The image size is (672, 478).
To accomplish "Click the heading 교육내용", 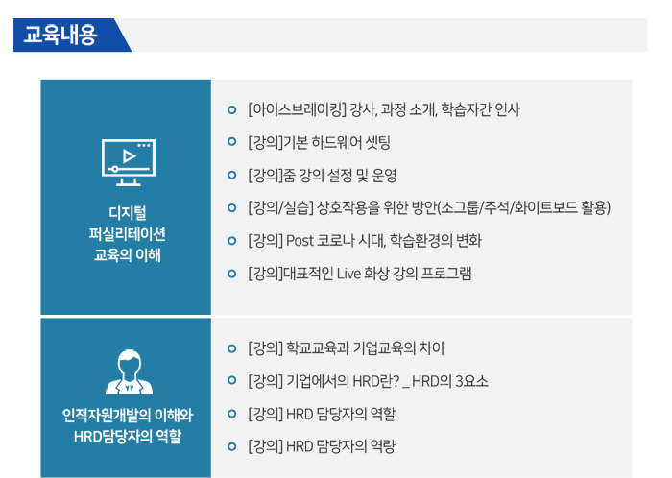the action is (x=60, y=35).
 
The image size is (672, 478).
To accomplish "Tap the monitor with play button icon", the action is (x=129, y=162).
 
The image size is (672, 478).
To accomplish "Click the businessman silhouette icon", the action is (x=129, y=371).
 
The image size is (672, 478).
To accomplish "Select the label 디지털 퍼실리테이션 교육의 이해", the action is (x=128, y=234).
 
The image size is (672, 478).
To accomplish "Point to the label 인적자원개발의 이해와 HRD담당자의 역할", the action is (x=128, y=426).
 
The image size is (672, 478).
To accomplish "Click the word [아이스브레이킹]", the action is (x=297, y=109).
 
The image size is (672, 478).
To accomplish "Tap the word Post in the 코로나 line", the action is (x=300, y=241).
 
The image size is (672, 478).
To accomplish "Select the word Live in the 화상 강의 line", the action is (x=348, y=274).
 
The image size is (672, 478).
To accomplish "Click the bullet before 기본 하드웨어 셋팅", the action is (x=232, y=142).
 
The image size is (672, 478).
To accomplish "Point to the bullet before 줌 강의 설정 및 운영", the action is (x=232, y=175).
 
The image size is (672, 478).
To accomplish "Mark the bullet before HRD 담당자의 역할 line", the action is (x=232, y=414).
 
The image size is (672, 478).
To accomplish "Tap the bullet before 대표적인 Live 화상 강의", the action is (x=232, y=274).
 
